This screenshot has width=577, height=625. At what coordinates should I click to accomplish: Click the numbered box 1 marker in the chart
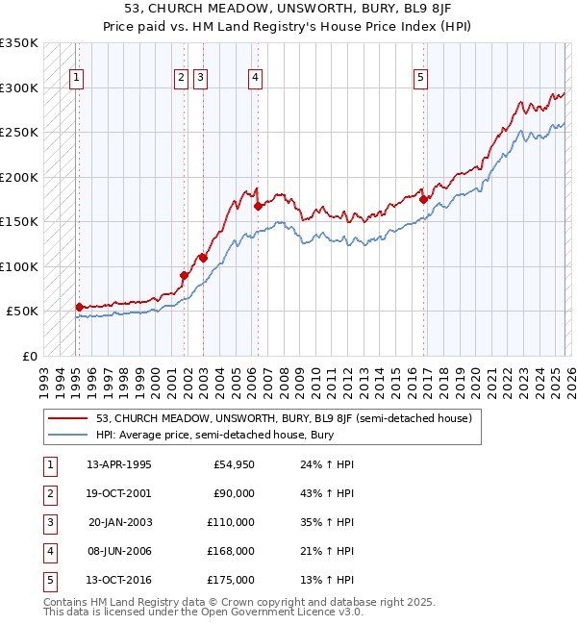click(77, 79)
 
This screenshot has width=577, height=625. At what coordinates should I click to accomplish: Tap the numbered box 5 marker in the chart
click(421, 79)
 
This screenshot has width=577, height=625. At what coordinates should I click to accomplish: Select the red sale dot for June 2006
click(258, 206)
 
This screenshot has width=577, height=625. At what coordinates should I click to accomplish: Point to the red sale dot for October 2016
click(423, 200)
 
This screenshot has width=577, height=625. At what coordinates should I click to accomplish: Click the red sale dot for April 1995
click(79, 307)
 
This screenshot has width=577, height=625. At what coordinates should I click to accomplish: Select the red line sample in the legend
click(69, 418)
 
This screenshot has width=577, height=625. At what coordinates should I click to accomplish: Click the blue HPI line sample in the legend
click(69, 436)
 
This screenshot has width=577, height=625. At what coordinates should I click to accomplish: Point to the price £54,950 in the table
click(231, 464)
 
